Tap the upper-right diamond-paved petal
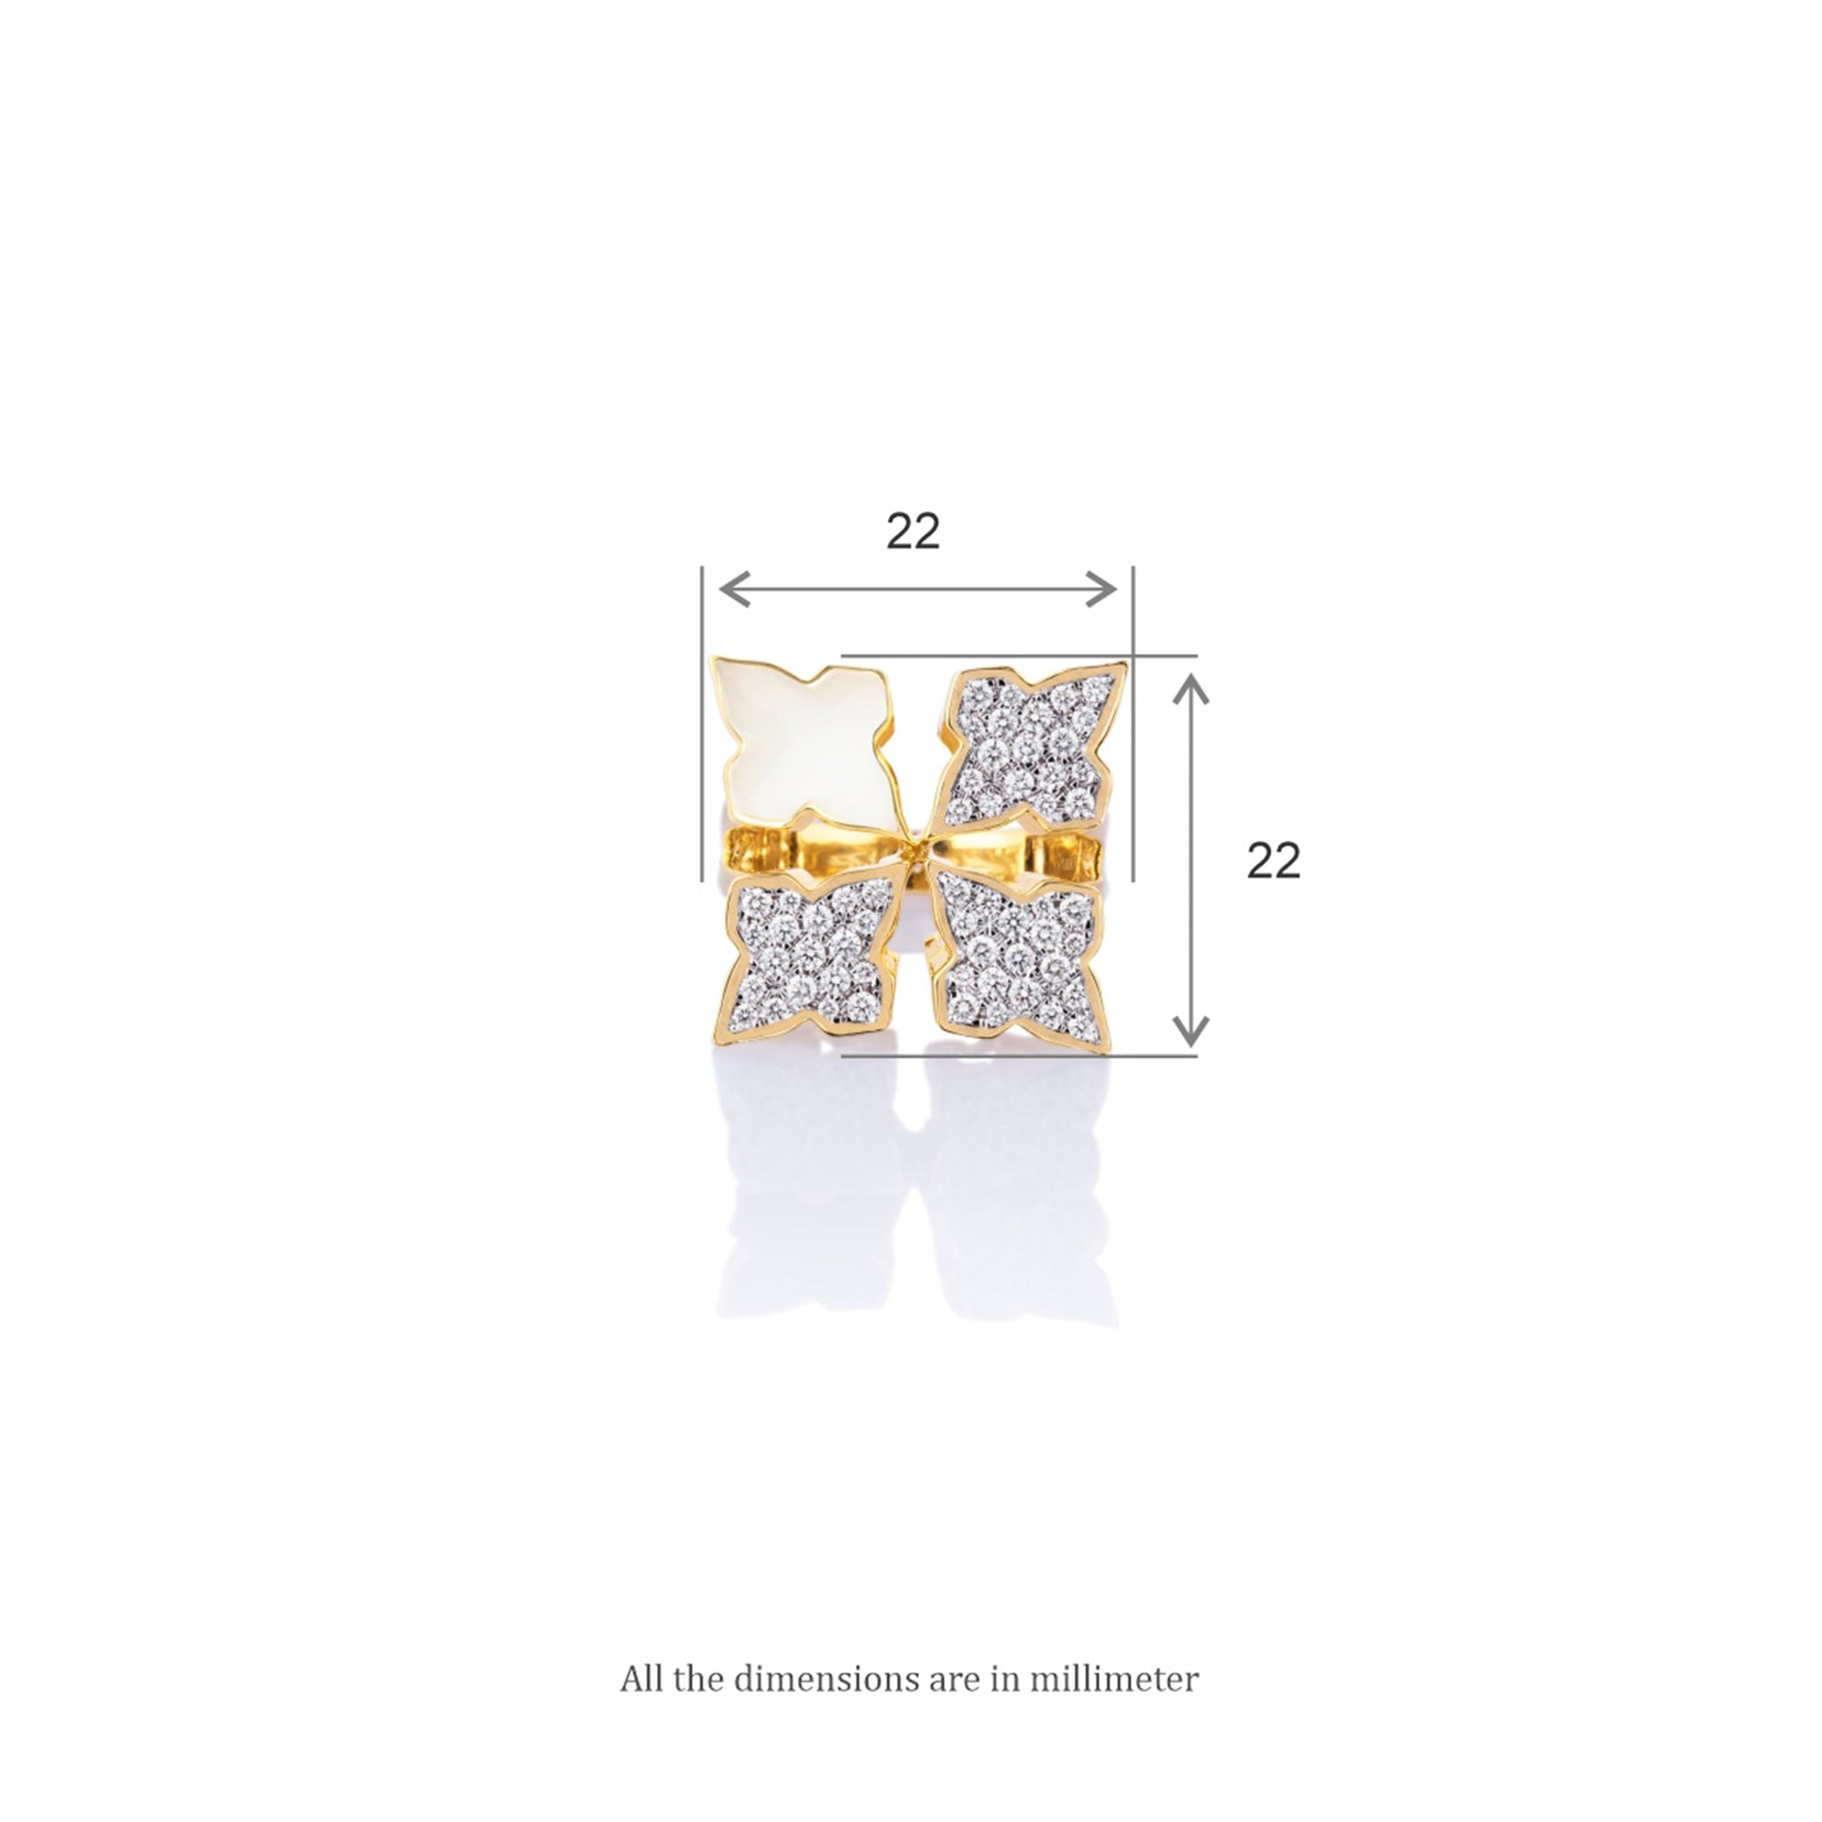(x=1028, y=745)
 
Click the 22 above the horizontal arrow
(x=913, y=532)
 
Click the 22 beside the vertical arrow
(x=1273, y=860)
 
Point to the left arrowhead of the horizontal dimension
(x=734, y=590)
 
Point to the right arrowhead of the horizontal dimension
(x=1101, y=590)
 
